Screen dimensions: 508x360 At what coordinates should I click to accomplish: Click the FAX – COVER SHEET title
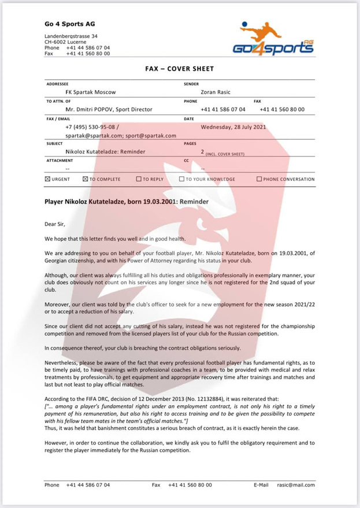coord(180,69)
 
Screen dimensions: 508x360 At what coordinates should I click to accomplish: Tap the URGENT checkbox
coord(47,179)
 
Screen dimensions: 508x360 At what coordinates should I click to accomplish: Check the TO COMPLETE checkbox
coord(86,179)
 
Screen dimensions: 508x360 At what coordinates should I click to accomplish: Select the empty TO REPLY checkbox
coord(139,179)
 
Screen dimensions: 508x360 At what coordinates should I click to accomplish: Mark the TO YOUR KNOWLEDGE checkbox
coord(181,179)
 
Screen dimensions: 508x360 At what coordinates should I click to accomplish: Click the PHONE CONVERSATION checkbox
coord(259,179)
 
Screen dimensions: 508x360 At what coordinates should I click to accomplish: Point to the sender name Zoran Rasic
coord(216,92)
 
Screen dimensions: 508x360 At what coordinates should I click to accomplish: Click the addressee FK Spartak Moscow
coord(91,92)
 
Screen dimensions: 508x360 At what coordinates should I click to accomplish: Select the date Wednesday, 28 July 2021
coord(233,127)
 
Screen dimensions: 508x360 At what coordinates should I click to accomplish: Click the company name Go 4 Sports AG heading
coord(70,24)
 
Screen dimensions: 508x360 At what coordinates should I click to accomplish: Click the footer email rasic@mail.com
coord(296,485)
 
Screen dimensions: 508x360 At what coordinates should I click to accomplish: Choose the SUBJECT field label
coord(55,143)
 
